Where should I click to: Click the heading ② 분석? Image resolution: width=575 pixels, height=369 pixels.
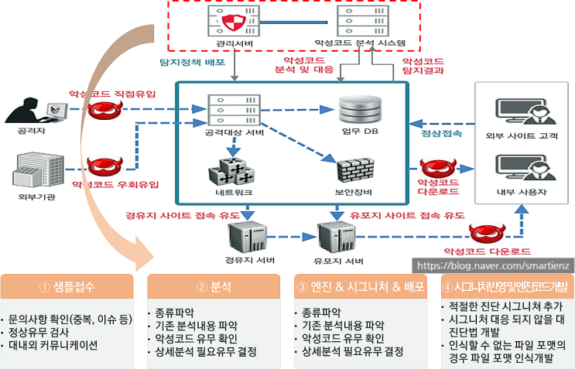[214, 287]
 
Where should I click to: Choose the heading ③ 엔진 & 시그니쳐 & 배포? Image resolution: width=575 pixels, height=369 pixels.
[360, 287]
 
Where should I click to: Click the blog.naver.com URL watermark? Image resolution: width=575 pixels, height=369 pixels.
[494, 265]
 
